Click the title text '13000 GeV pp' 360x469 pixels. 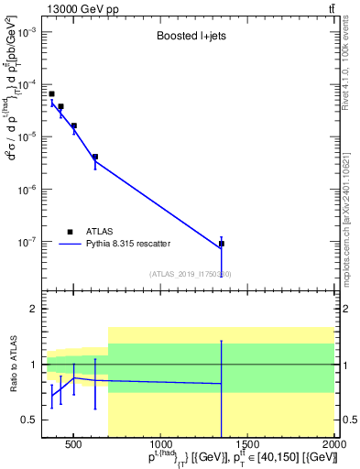pos(72,9)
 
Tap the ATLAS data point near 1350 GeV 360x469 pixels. pos(222,244)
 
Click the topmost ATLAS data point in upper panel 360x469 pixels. pos(52,93)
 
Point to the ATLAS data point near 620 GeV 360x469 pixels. pos(95,157)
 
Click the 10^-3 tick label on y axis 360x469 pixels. pos(27,31)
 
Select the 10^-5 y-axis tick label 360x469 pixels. pos(27,137)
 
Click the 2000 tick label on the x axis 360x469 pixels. pos(334,446)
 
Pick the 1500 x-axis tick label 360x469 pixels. pos(247,446)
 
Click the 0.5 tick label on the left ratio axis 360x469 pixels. pos(29,420)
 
